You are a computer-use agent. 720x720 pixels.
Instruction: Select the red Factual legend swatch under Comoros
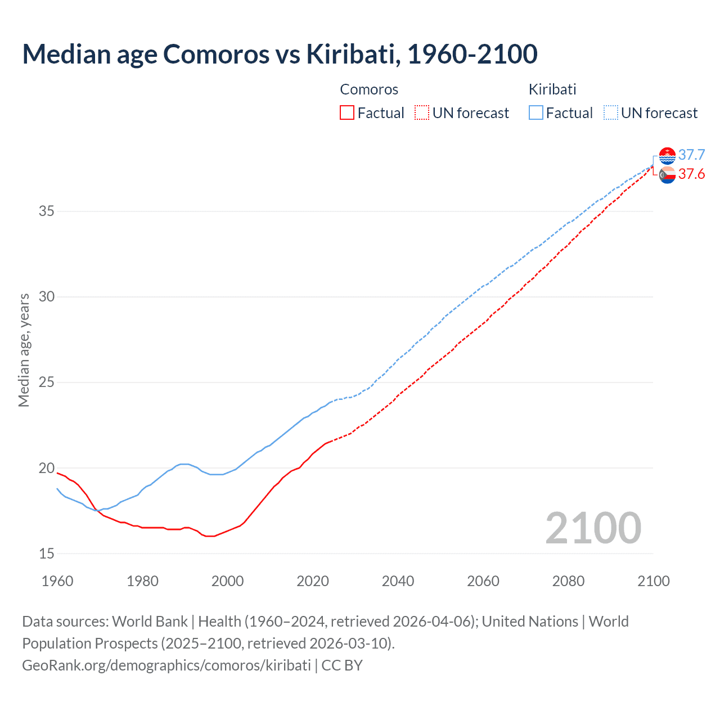347,113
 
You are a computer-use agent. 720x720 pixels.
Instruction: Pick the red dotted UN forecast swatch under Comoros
422,113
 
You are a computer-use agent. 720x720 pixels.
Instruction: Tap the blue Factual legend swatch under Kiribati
536,113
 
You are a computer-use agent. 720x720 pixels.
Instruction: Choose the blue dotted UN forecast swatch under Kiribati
611,113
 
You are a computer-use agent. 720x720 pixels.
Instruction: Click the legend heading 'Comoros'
369,89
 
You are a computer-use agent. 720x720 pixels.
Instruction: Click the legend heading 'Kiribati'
552,89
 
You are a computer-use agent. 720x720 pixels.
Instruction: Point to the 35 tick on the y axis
47,211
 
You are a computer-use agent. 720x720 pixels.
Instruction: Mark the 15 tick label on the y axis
47,553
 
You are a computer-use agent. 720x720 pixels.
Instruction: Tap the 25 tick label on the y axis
47,382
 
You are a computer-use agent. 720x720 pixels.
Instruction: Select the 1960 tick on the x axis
57,581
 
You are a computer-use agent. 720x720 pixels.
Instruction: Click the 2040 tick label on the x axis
398,581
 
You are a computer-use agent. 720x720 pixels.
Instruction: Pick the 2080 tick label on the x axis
568,581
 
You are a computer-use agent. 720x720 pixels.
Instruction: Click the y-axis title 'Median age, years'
24,350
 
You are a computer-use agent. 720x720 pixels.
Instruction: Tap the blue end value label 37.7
691,155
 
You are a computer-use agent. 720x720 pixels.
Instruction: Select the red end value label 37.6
691,174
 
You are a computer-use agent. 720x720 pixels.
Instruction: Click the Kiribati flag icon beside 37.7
667,156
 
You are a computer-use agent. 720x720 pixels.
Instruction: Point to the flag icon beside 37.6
667,175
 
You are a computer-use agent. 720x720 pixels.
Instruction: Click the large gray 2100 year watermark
593,528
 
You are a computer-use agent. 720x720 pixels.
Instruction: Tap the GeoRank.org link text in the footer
166,665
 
